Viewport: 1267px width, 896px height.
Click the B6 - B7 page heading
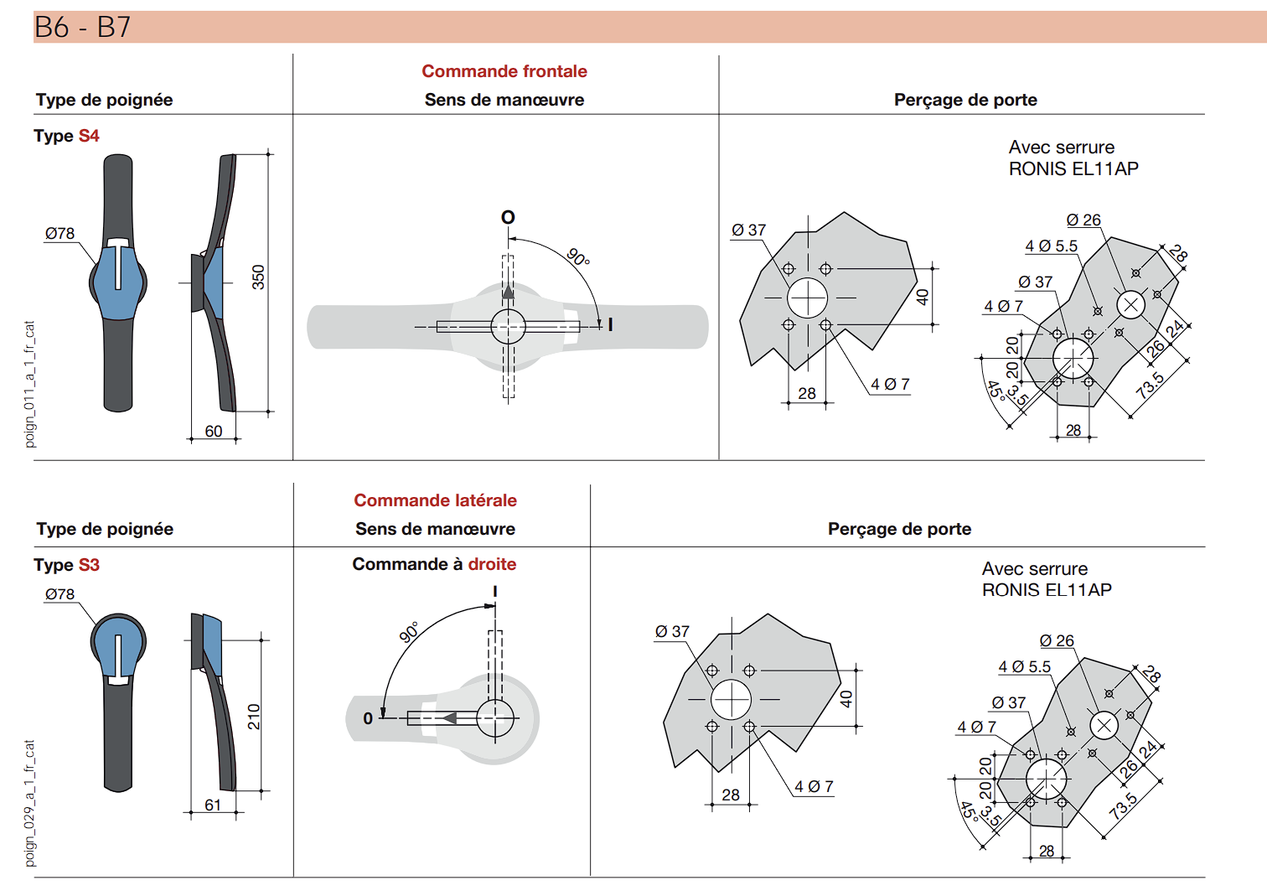[x=83, y=27]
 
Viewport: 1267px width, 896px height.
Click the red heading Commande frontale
[x=504, y=71]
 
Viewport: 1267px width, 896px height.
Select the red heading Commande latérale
[x=435, y=500]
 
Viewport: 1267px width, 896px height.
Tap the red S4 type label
[x=89, y=136]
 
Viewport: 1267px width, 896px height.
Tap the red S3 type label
[x=89, y=565]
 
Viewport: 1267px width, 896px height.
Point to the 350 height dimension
[x=258, y=277]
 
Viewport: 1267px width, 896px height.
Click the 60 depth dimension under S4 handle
[x=213, y=431]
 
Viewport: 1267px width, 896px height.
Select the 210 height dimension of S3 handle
[x=254, y=717]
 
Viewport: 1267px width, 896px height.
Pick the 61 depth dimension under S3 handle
[x=213, y=805]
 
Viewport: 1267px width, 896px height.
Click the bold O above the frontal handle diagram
[x=508, y=217]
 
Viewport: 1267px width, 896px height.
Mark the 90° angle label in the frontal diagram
[x=578, y=257]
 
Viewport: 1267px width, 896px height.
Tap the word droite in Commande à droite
[x=492, y=564]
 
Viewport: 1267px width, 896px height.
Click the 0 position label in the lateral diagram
[x=368, y=718]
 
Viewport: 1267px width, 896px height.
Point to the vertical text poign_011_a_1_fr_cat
[x=29, y=385]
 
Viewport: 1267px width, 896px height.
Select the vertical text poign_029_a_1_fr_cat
[x=29, y=803]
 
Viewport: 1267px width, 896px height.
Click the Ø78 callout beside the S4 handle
[x=60, y=233]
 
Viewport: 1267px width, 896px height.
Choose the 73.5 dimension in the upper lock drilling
[x=1151, y=386]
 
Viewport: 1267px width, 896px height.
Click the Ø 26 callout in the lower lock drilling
[x=1057, y=641]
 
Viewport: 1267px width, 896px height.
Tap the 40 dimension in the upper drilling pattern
[x=923, y=297]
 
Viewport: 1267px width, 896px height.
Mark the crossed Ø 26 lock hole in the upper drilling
[x=1130, y=305]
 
